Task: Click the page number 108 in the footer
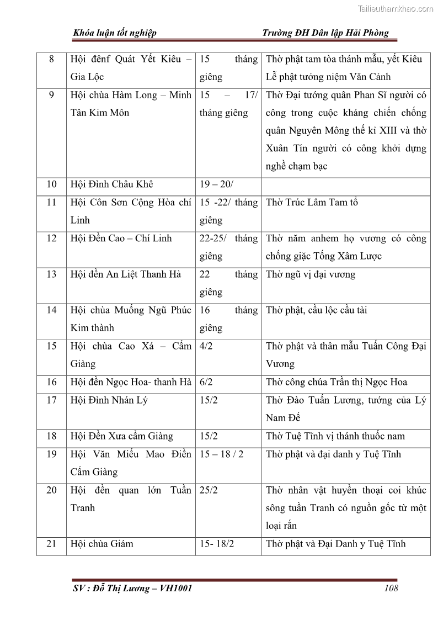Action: [391, 588]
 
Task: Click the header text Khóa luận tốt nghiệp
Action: [115, 33]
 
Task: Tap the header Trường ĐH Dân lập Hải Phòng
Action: [326, 33]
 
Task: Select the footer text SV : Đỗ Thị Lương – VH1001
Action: [132, 588]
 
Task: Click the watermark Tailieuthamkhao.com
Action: [396, 8]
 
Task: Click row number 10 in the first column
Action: [51, 184]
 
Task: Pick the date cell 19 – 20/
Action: [217, 184]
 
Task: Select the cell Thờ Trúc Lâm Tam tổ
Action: [312, 203]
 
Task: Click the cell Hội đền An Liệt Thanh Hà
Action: [126, 274]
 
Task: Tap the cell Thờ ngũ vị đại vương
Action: [311, 274]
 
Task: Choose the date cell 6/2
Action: [209, 382]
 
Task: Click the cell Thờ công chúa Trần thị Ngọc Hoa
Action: [336, 382]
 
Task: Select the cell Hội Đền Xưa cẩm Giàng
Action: [122, 436]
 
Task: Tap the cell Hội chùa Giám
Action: [102, 544]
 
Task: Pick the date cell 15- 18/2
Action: [217, 544]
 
